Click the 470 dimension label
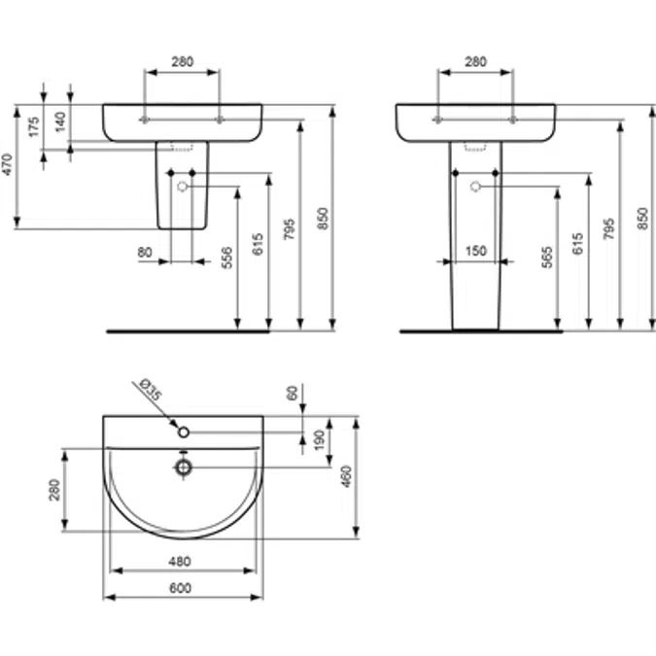tap(8, 164)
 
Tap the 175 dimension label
tap(34, 126)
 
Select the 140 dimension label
tap(60, 121)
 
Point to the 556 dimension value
tap(226, 258)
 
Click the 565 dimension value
tap(547, 258)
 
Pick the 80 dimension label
tap(145, 253)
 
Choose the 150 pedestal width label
tap(476, 251)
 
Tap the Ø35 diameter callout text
tap(150, 390)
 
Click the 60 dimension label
tap(293, 394)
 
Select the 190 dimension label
tap(319, 440)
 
